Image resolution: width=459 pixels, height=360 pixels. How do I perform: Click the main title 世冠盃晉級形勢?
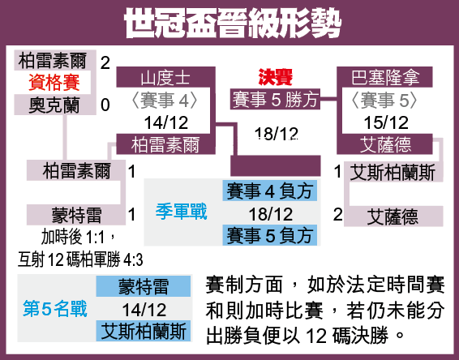point(233,24)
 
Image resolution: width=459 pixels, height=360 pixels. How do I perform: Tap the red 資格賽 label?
point(54,83)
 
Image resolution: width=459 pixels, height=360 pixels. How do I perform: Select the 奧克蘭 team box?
point(55,105)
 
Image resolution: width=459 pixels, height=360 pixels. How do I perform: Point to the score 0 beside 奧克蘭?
point(105,105)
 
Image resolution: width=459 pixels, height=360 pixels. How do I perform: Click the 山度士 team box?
point(165,77)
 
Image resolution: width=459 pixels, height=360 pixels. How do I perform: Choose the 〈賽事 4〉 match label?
point(165,101)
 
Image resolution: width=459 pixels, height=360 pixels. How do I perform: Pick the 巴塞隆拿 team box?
point(384,77)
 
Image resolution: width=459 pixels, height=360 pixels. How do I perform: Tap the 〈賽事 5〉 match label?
point(384,101)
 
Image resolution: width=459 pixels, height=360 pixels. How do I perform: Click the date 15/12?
point(386,122)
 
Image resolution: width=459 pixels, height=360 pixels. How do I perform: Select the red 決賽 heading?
point(275,77)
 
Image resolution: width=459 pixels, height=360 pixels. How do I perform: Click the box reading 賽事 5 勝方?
point(275,99)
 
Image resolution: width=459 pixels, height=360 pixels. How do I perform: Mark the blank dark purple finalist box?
point(276,165)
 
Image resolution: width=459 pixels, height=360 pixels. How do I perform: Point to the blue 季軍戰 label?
point(181,212)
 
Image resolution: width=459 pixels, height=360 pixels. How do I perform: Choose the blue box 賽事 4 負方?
point(269,191)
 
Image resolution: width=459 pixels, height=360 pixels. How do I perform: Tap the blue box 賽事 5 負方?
point(269,235)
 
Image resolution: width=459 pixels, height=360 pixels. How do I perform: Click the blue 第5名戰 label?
point(55,309)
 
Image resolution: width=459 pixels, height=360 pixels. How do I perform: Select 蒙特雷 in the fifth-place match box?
point(144,286)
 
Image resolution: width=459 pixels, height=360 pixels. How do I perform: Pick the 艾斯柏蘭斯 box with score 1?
point(393,172)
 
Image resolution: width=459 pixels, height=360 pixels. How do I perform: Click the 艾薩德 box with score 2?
point(393,216)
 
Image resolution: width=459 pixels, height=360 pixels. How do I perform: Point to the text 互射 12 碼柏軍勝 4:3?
point(80,259)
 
